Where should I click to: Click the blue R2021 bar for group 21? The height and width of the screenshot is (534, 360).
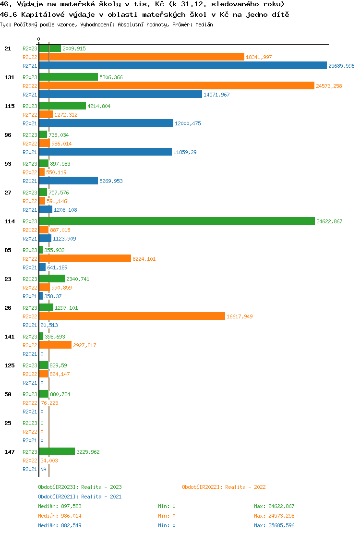[182, 66]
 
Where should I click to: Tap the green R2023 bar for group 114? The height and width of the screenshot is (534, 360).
[177, 221]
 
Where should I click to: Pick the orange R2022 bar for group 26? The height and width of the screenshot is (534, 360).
[132, 316]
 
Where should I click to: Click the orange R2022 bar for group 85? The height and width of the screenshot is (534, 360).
[85, 259]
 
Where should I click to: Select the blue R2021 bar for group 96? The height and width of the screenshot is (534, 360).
[105, 152]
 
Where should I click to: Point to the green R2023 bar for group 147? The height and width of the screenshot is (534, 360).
[57, 452]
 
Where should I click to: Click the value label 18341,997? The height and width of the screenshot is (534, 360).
[259, 57]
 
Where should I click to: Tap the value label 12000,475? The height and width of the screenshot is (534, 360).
[188, 123]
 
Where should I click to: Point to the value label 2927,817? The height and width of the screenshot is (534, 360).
[84, 345]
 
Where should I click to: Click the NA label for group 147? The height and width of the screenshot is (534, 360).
[43, 469]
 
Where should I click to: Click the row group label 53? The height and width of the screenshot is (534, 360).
[8, 164]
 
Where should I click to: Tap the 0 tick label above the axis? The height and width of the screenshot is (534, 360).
[39, 39]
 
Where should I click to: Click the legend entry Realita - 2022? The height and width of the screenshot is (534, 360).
[224, 487]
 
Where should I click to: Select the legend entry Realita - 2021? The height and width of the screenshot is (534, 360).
[80, 497]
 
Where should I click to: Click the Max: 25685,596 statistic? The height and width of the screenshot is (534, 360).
[274, 525]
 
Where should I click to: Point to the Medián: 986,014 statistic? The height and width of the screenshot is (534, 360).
[60, 516]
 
